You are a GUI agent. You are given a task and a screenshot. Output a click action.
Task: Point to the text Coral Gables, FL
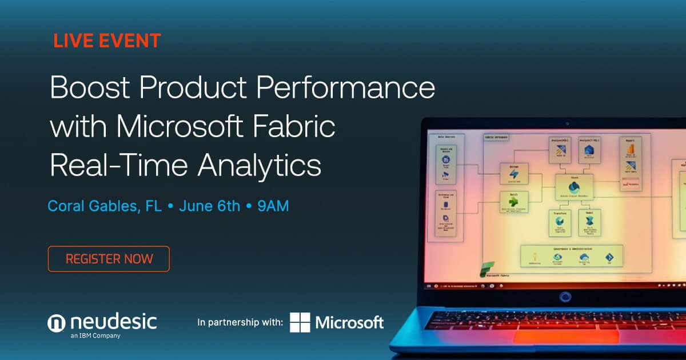pos(105,206)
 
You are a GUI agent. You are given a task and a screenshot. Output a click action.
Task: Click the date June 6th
pos(209,206)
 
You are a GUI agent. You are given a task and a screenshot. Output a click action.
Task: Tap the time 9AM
pos(273,206)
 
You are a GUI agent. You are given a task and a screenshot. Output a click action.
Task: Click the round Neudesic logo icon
pos(57,323)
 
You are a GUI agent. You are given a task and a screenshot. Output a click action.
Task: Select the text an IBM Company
pos(95,336)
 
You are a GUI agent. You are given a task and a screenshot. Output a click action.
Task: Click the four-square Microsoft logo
pos(300,322)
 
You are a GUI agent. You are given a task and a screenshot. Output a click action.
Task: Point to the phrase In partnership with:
pos(240,323)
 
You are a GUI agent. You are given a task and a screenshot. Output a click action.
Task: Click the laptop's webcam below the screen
pos(566,297)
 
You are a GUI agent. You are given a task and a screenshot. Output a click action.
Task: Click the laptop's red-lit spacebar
pos(566,336)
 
